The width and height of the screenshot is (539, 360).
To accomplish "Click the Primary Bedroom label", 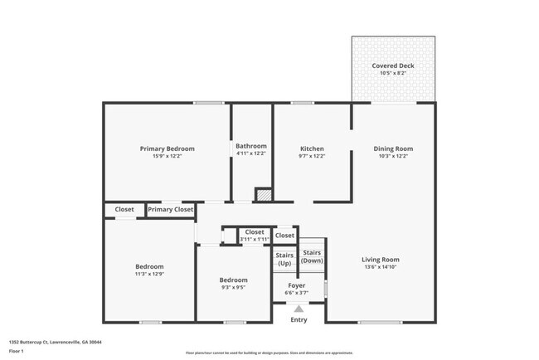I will (167, 148).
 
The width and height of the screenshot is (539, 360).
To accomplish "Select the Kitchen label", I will (312, 148).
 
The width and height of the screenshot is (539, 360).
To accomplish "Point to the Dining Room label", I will (393, 148).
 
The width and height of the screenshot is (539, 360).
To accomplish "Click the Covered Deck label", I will (393, 66).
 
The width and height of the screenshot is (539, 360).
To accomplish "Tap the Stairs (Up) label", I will (284, 259).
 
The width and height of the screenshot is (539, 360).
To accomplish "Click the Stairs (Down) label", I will (312, 255).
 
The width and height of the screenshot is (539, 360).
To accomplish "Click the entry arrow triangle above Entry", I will (299, 309).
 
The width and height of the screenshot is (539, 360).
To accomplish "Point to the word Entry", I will (299, 319).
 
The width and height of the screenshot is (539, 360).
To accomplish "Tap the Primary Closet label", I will (170, 210).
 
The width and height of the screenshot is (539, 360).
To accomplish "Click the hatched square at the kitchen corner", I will (263, 195).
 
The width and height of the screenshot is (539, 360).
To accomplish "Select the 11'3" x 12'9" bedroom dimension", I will (149, 274).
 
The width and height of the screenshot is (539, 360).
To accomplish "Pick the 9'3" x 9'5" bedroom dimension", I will (234, 287).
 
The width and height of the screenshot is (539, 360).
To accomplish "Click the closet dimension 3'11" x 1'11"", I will (255, 239).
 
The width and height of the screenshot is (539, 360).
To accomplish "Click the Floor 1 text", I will (17, 351).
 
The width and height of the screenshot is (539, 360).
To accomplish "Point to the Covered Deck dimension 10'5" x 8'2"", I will (393, 73).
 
